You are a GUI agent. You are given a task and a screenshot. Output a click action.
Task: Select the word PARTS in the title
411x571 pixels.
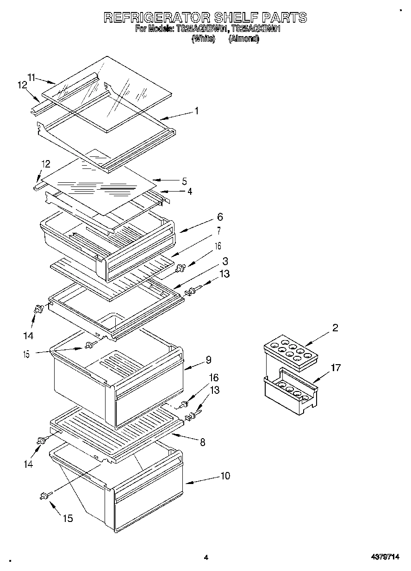(x=284, y=18)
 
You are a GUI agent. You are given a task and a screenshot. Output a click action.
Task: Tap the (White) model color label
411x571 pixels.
(x=203, y=39)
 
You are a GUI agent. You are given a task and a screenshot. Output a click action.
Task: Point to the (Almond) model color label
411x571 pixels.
(x=244, y=39)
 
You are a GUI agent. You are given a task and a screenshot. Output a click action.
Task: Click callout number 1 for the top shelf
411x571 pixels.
(x=197, y=111)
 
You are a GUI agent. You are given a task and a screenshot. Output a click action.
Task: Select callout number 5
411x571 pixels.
(x=184, y=181)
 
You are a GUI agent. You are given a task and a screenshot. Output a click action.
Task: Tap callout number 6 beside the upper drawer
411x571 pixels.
(x=219, y=217)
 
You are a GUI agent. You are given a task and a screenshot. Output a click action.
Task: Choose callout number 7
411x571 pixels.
(x=218, y=231)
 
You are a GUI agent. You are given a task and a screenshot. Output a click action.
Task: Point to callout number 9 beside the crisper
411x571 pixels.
(x=208, y=360)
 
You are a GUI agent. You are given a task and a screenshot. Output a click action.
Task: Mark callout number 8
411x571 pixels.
(x=202, y=442)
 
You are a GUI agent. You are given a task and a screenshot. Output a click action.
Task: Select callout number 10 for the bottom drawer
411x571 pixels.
(x=225, y=476)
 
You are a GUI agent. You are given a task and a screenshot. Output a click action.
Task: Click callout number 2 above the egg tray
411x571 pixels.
(x=335, y=328)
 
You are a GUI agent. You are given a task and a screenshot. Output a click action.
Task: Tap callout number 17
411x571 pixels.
(x=336, y=368)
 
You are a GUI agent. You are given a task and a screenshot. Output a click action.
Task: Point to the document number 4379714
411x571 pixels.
(x=384, y=558)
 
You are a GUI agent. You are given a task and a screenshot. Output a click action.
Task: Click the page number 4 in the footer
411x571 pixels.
(x=206, y=558)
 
